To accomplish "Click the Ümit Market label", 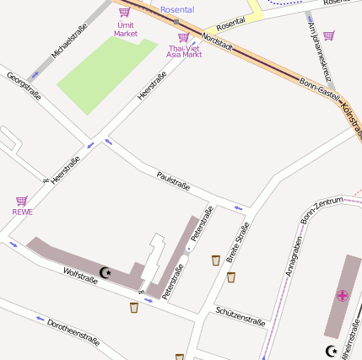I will [x=125, y=30].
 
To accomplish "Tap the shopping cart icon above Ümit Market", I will [x=125, y=12].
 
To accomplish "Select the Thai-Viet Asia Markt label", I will [x=184, y=51].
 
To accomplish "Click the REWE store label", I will [x=22, y=212].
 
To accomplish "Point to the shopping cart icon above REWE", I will [x=22, y=201].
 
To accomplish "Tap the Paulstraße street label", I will [x=173, y=180].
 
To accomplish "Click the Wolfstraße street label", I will [x=80, y=276].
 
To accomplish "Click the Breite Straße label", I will [x=238, y=243].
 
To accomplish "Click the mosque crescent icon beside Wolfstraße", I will [x=105, y=272].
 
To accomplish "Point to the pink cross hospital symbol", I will [x=342, y=295].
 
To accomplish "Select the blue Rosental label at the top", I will [x=176, y=9].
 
